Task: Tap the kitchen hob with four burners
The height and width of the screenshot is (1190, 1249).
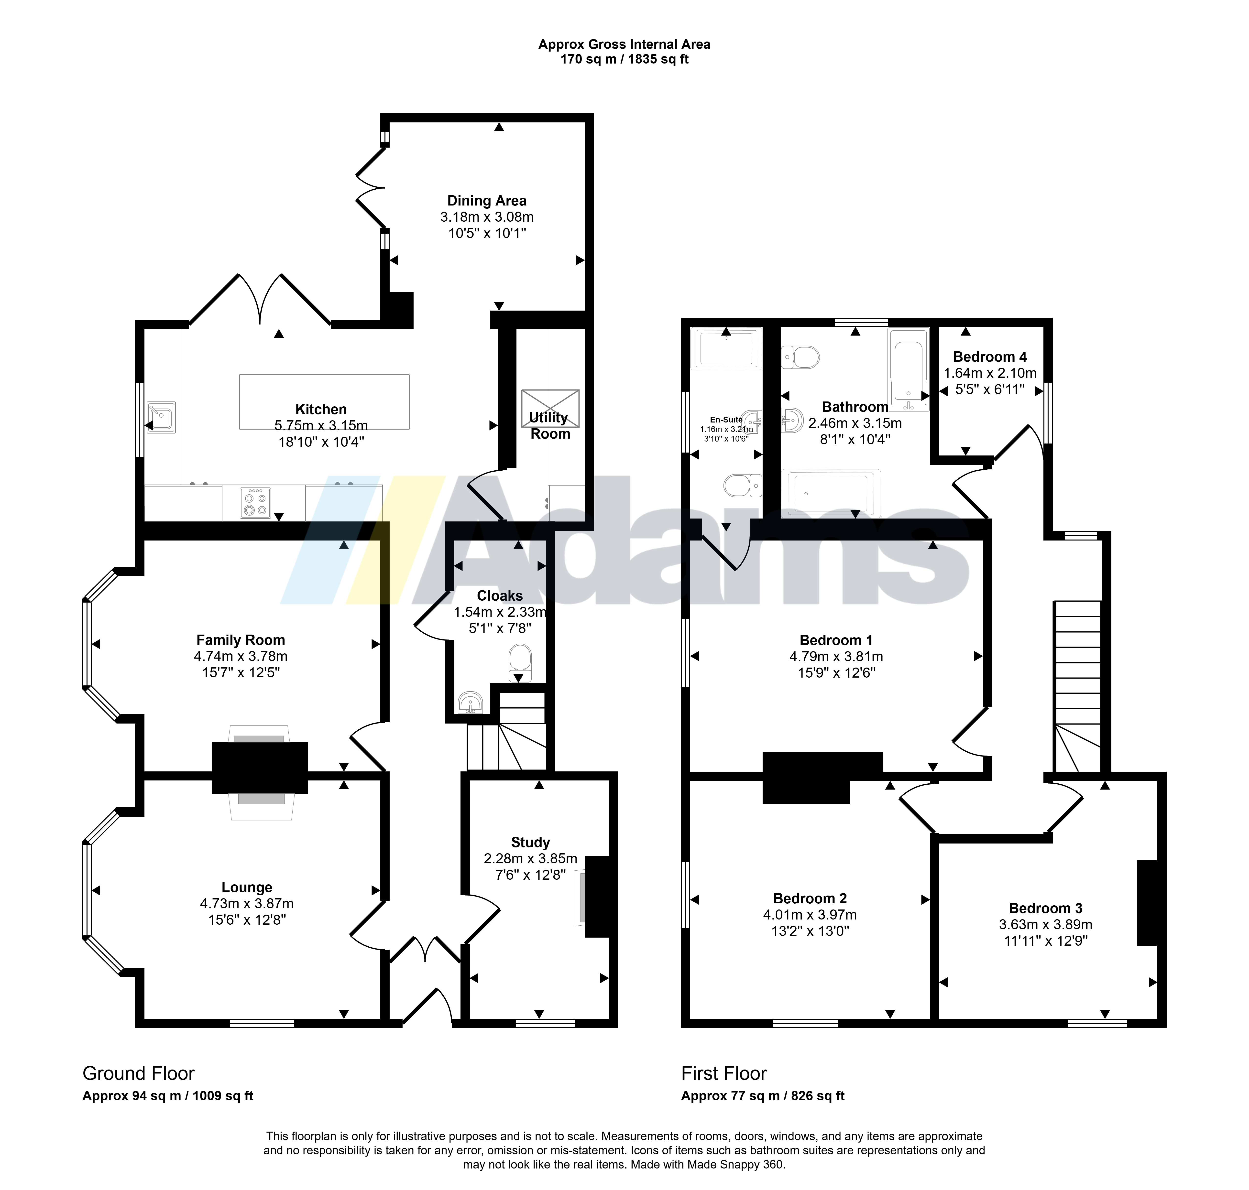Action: click(255, 503)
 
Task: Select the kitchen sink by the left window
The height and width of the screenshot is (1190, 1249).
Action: click(161, 417)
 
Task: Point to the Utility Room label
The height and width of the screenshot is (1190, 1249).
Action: click(550, 426)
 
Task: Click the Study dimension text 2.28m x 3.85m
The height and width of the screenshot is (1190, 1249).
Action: click(531, 859)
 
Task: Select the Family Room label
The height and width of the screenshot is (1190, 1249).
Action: click(241, 640)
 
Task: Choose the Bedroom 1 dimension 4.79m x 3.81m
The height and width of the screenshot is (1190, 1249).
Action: click(836, 657)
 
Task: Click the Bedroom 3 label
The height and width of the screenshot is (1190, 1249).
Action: click(1046, 908)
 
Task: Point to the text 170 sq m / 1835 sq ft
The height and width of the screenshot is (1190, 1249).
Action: click(624, 59)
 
